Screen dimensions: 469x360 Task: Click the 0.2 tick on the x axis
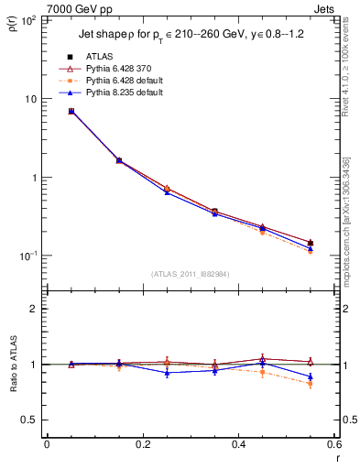(143, 445)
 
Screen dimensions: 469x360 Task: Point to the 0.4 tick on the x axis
(239, 445)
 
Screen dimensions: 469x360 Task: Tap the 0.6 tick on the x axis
(334, 445)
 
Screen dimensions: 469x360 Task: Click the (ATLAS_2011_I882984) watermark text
(190, 273)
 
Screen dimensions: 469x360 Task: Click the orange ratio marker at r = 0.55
(311, 384)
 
